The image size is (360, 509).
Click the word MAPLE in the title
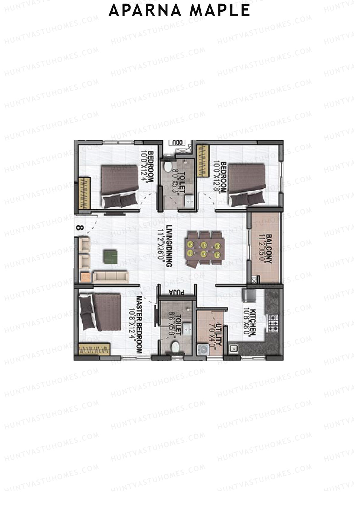coord(220,10)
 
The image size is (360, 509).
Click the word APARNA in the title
coord(145,10)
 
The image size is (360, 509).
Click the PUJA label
coord(176,292)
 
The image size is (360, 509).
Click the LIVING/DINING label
coord(169,246)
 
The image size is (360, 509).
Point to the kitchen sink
coord(233,349)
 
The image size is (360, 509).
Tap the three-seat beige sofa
coord(110,277)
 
